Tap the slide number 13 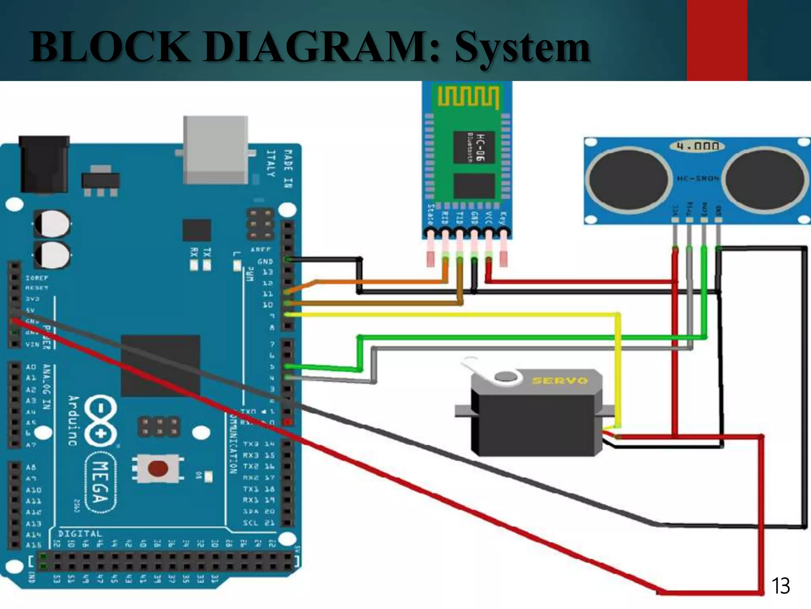click(x=780, y=586)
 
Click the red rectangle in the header click(x=717, y=40)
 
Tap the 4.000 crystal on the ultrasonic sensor click(x=697, y=146)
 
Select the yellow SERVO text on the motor click(x=560, y=381)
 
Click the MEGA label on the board click(x=101, y=482)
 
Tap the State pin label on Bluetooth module click(x=431, y=214)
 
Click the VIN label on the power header click(x=32, y=345)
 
